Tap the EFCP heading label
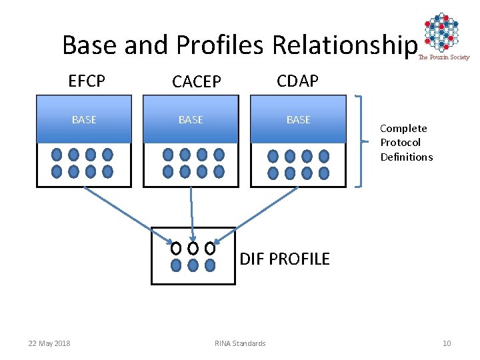tap(87, 81)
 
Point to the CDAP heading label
tap(298, 81)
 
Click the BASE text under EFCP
tap(84, 120)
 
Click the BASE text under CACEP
tap(191, 120)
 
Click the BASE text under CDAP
tap(298, 120)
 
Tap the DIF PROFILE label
tap(285, 259)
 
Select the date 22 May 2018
tap(49, 343)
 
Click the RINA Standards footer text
tap(240, 343)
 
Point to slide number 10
tap(447, 343)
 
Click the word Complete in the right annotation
tap(403, 128)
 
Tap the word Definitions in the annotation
tap(407, 157)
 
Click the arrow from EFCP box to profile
tap(127, 211)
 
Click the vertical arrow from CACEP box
tap(191, 213)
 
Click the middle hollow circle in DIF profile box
tap(193, 249)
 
